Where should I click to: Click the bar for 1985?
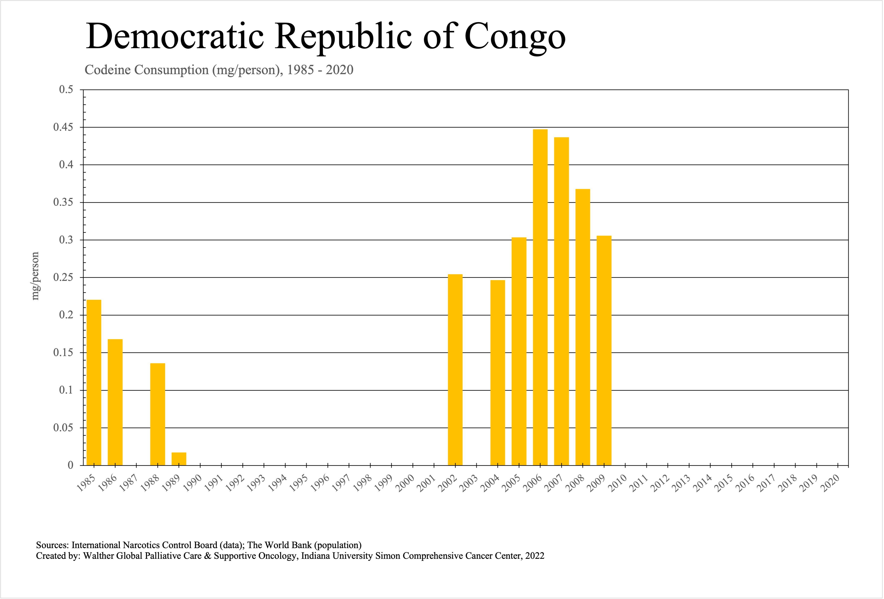94,382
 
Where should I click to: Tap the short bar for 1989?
179,459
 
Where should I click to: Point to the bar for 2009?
604,350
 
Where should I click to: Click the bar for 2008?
583,327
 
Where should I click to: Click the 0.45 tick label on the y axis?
63,127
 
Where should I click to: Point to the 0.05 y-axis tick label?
63,428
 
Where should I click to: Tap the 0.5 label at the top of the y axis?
66,90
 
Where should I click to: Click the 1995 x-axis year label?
299,484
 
